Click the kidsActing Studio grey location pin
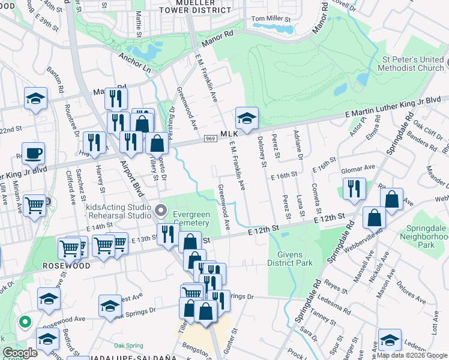point(160,210)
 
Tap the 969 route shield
point(210,139)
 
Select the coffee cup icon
point(33,152)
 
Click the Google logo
point(20,353)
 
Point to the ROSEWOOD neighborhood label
point(65,266)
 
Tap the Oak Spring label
point(127,346)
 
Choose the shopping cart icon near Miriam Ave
point(35,206)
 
